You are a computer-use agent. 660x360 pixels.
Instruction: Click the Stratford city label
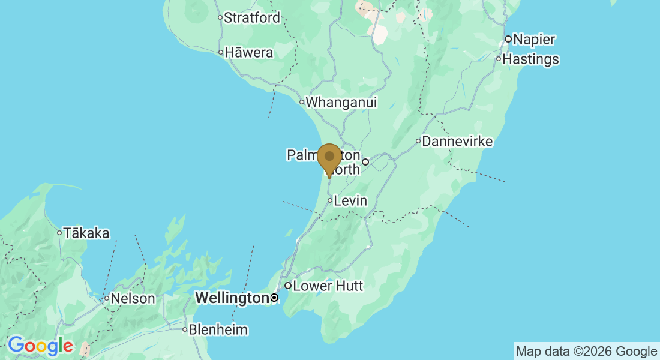coord(252,18)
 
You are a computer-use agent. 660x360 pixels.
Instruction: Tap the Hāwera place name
coord(249,53)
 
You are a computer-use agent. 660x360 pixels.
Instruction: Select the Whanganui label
coord(342,103)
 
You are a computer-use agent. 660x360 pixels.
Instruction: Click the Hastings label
coord(531,59)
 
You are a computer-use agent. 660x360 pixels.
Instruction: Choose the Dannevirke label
coord(457,142)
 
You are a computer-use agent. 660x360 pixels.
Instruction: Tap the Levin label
coord(351,200)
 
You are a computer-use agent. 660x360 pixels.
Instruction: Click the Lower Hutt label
coord(328,286)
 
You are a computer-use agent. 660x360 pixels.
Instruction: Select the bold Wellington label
coord(232,298)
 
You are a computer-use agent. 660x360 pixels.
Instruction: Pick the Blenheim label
coord(218,329)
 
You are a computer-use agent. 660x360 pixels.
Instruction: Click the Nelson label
coord(133,298)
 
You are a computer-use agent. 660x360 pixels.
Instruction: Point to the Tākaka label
coord(87,233)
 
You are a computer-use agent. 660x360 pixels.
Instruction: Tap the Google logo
coord(40,346)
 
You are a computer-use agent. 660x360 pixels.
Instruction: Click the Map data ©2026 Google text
coord(587,351)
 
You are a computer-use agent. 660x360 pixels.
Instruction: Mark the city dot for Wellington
coord(275,298)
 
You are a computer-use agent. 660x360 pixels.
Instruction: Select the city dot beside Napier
coord(508,40)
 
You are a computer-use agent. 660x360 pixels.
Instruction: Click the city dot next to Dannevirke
coord(418,142)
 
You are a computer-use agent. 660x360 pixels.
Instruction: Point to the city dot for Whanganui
coord(302,102)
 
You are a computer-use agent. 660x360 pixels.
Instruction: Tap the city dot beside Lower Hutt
coord(288,286)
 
